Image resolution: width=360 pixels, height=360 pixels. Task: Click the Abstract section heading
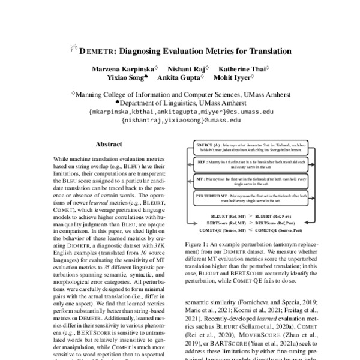click(109, 144)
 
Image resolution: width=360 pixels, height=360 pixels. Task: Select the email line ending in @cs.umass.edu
click(180, 111)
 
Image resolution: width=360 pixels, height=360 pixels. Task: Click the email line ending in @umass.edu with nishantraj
click(180, 120)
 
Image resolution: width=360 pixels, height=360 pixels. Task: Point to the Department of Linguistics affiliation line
click(180, 103)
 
